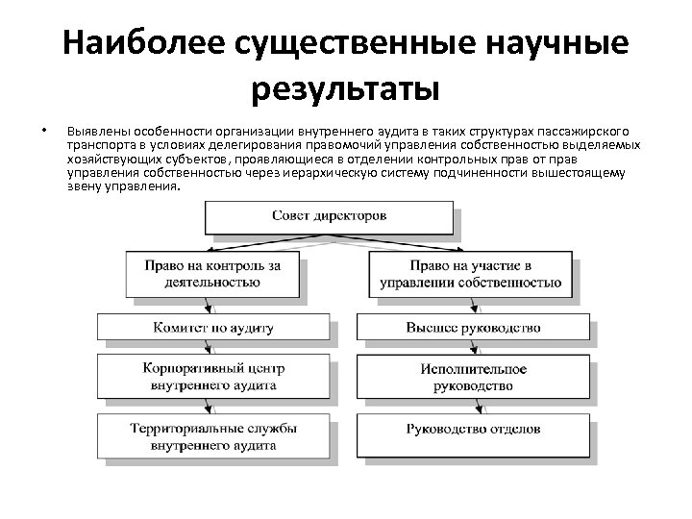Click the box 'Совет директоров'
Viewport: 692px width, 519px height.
[x=330, y=216]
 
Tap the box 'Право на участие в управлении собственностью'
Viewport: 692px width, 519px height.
[x=472, y=274]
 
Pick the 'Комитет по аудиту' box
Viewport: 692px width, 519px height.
[x=213, y=328]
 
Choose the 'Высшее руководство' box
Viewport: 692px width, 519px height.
[x=472, y=328]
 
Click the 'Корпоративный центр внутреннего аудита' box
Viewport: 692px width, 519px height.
[x=213, y=377]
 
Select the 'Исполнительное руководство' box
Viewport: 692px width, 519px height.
[x=472, y=377]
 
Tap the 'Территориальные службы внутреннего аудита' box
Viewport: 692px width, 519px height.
[x=213, y=436]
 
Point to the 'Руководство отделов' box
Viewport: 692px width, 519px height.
[x=472, y=429]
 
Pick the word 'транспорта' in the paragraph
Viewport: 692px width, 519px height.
[x=98, y=145]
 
